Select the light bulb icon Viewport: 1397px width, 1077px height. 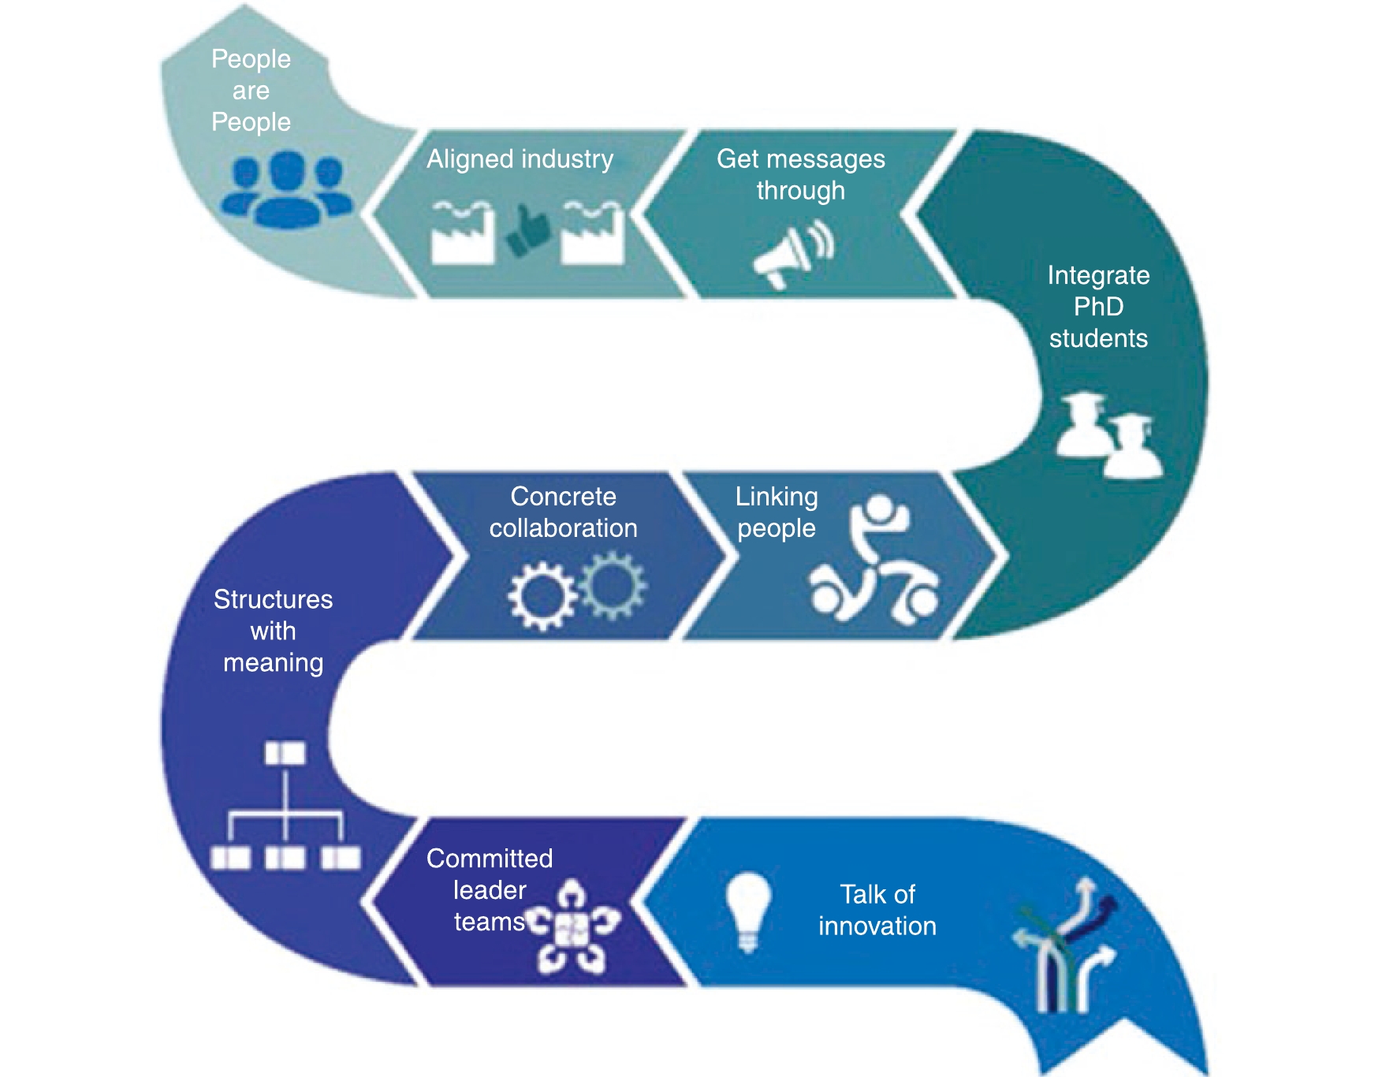pos(747,911)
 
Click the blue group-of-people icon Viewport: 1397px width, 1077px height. pos(285,190)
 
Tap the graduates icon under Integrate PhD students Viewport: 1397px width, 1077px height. pos(1108,436)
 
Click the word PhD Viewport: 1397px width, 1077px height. pos(1098,307)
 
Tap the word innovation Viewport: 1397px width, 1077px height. pos(877,926)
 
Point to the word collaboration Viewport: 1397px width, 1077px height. pos(563,528)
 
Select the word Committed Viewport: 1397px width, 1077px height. pos(490,859)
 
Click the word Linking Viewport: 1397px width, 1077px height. pos(777,497)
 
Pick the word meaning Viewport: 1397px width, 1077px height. pos(273,663)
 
